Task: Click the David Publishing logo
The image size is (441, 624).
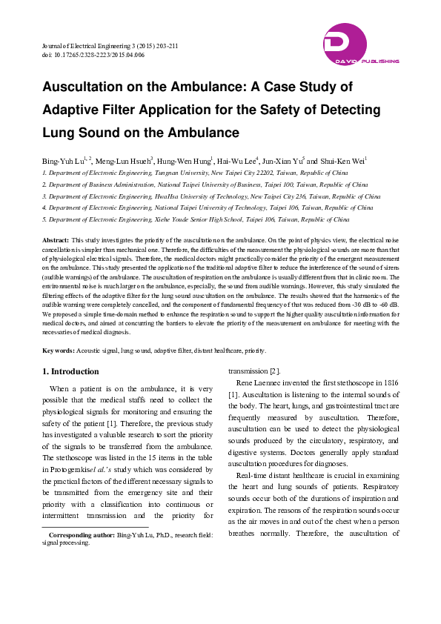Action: [x=361, y=44]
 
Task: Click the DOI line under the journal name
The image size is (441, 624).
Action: [x=93, y=55]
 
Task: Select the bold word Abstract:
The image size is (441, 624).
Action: [x=56, y=241]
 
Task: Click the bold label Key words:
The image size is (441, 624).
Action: [x=59, y=350]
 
